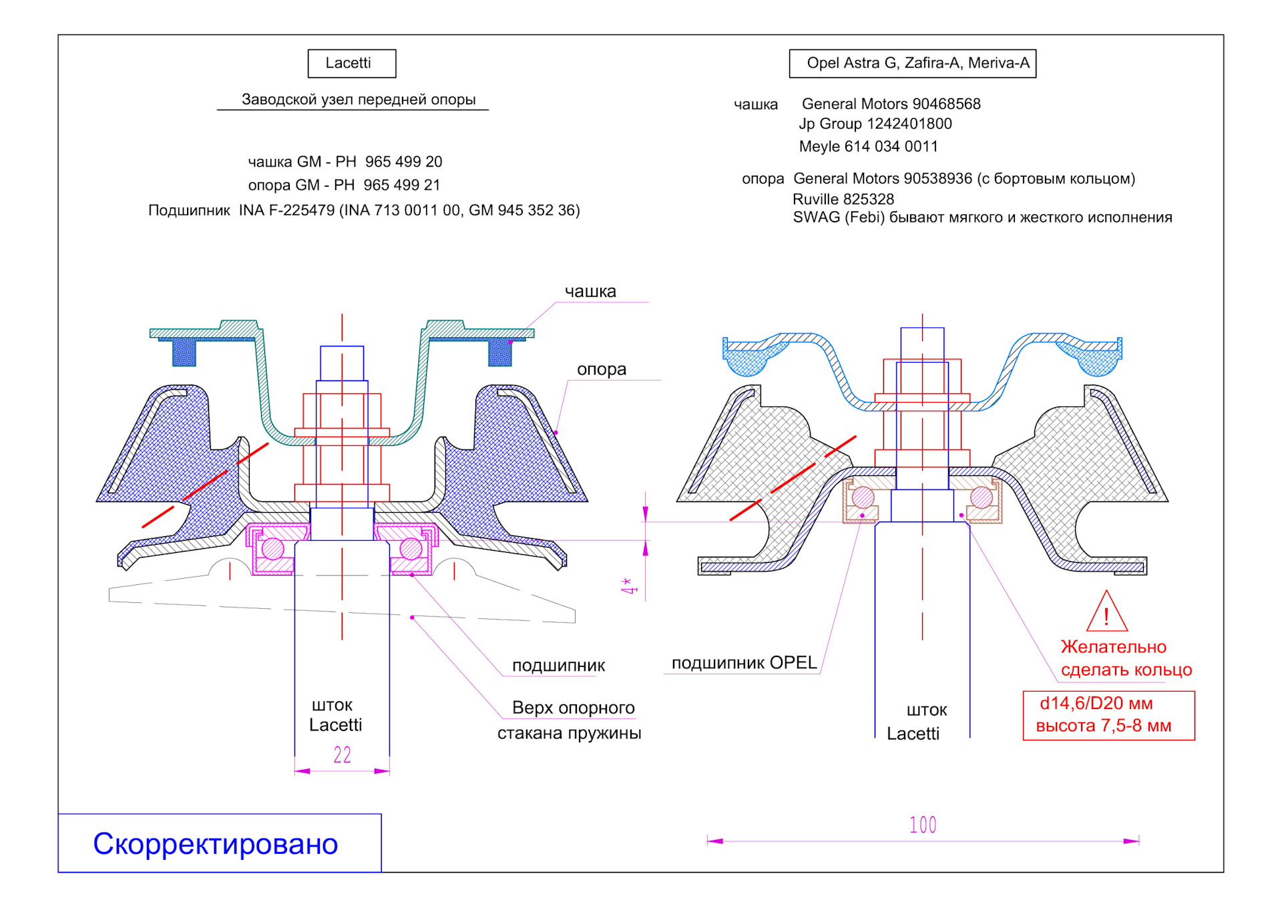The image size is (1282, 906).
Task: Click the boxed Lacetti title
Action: pyautogui.click(x=351, y=63)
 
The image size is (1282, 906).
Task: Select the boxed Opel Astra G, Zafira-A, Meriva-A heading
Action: pyautogui.click(x=912, y=63)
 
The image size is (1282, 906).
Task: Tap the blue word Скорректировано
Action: pyautogui.click(x=216, y=844)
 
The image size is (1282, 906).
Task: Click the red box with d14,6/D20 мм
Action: pyautogui.click(x=1108, y=715)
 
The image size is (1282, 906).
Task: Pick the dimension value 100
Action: pyautogui.click(x=923, y=825)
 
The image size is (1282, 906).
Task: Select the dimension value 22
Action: pyautogui.click(x=342, y=755)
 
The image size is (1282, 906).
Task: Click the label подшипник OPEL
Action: pyautogui.click(x=744, y=663)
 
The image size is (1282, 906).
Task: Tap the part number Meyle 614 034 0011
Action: pyautogui.click(x=868, y=147)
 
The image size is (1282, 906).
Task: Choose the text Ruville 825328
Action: pyautogui.click(x=843, y=199)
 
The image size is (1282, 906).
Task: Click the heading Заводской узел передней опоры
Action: pyautogui.click(x=358, y=100)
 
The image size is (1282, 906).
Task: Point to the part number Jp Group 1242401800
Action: pyautogui.click(x=875, y=124)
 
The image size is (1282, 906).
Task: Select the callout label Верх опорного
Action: pyautogui.click(x=573, y=708)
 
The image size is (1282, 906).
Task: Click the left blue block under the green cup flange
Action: pyautogui.click(x=184, y=353)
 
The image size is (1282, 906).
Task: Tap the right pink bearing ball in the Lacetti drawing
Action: pyautogui.click(x=411, y=549)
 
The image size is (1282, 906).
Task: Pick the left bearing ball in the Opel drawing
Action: pyautogui.click(x=863, y=497)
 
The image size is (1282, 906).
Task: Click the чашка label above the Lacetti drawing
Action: pyautogui.click(x=590, y=292)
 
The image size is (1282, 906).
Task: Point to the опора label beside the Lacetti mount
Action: pyautogui.click(x=601, y=369)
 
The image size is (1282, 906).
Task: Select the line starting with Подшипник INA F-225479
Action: pyautogui.click(x=364, y=210)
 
